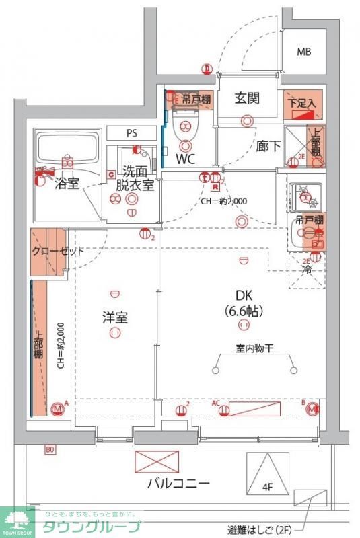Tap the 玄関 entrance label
[x=247, y=98]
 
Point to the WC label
[x=186, y=160]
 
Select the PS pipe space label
[x=133, y=133]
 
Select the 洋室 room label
[x=115, y=317]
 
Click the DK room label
[x=243, y=295]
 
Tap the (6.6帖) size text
[x=243, y=311]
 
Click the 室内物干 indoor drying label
[x=254, y=348]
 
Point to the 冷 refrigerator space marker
[x=307, y=270]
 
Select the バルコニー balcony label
[x=178, y=483]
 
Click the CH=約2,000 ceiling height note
[x=223, y=200]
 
